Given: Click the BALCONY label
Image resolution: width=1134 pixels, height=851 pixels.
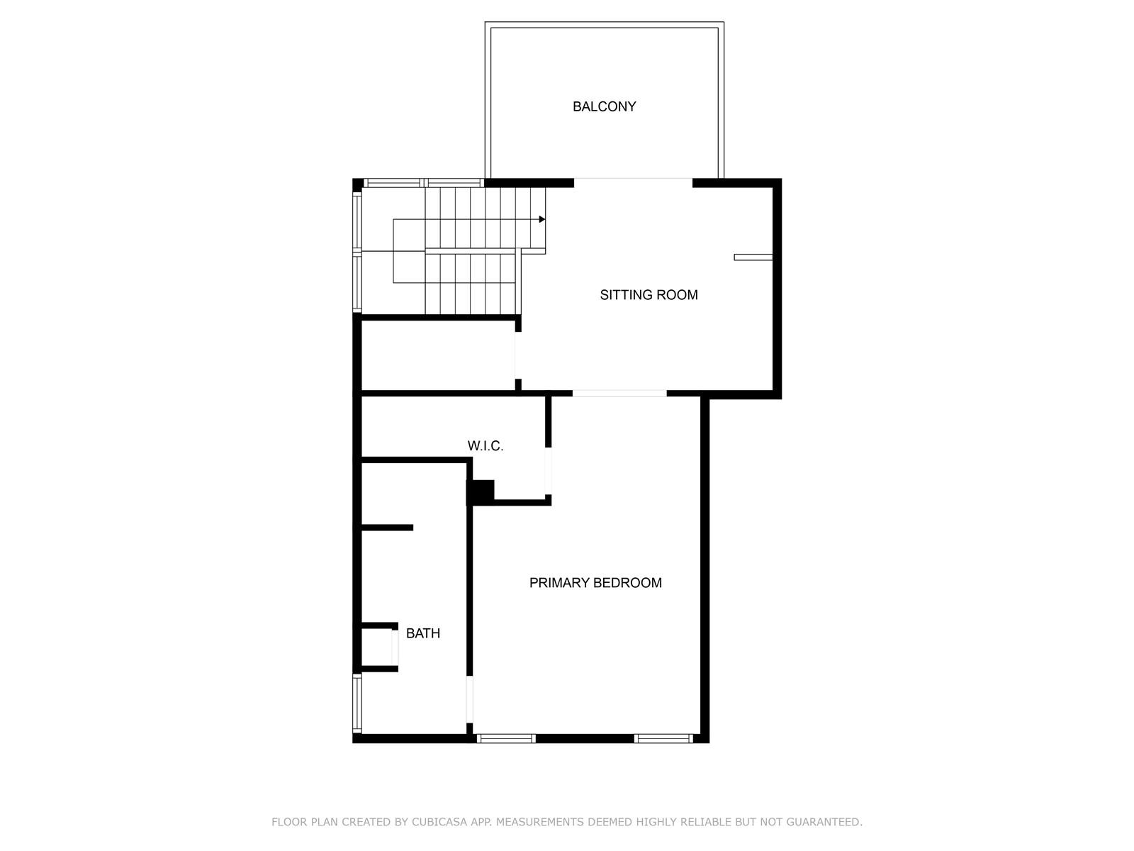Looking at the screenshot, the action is coord(604,106).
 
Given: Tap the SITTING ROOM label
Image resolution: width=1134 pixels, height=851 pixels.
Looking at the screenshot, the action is coord(649,294).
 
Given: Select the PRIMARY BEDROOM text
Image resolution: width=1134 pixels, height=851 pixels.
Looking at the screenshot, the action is coord(595,582).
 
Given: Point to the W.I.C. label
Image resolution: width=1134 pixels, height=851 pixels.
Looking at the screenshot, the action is coord(485,446).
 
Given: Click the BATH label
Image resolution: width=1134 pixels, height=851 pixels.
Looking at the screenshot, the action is coord(422,633).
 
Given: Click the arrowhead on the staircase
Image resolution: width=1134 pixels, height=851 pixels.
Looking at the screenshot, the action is coord(542,219).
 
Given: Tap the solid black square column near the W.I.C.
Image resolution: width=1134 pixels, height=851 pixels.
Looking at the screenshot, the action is coord(481,491).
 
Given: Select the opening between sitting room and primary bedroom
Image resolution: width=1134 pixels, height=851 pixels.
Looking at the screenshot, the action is coord(619,393).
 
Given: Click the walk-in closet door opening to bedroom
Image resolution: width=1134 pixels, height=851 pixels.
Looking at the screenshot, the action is coord(548,471).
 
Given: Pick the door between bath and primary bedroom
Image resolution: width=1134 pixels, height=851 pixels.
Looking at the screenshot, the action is coord(469,700).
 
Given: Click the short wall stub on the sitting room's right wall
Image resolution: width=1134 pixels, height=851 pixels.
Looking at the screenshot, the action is coord(753,257).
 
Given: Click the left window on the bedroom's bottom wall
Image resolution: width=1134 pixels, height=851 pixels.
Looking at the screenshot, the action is coord(506,738).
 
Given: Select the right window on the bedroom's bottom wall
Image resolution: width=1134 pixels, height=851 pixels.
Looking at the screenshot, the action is coord(663,738).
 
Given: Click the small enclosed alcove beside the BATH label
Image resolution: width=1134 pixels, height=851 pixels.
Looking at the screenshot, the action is coord(376,647).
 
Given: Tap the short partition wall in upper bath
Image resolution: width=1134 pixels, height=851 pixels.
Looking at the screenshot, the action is coord(387,528).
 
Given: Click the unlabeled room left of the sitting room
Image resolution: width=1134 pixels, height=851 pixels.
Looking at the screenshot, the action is coord(438,355).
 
